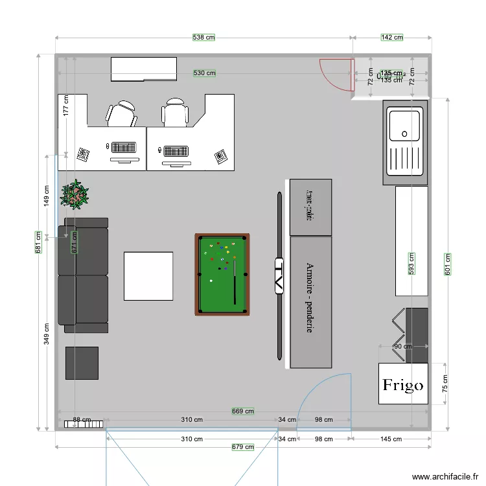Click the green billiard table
click(222, 275)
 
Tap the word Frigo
click(402, 385)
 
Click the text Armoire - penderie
click(310, 298)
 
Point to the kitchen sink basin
click(404, 125)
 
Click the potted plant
click(75, 194)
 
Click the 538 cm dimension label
click(203, 38)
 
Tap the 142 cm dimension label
click(391, 38)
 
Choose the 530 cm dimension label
click(205, 73)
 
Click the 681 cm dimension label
click(39, 243)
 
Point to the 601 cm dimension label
click(446, 264)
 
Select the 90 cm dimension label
click(402, 346)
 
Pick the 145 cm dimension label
click(391, 439)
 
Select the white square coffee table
click(148, 276)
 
